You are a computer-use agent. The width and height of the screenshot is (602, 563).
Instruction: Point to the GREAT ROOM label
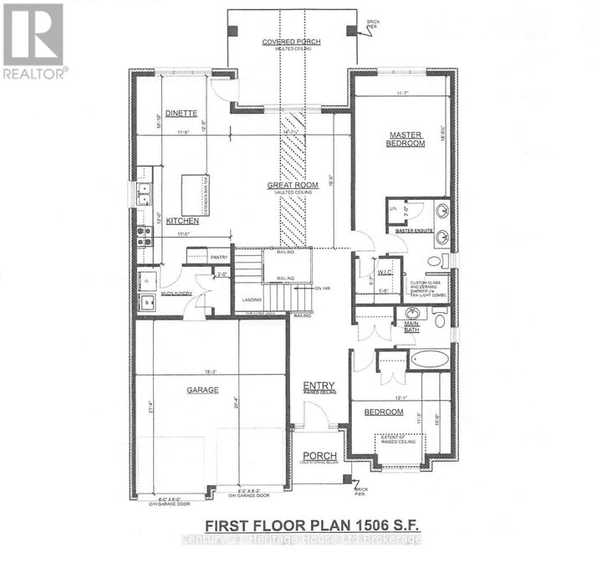(x=289, y=185)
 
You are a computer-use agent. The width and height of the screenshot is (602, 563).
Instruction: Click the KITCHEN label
(x=181, y=220)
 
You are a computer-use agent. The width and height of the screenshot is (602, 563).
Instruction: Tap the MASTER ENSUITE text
(x=416, y=230)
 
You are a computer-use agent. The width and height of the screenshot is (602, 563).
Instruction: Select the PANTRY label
(x=219, y=257)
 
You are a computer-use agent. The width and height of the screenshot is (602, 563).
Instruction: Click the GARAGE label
(x=203, y=390)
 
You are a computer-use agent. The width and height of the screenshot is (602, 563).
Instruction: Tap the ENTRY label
(x=318, y=386)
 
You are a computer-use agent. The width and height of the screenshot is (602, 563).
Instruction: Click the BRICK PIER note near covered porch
(x=374, y=25)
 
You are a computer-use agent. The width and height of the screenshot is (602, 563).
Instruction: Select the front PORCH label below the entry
(x=319, y=456)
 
